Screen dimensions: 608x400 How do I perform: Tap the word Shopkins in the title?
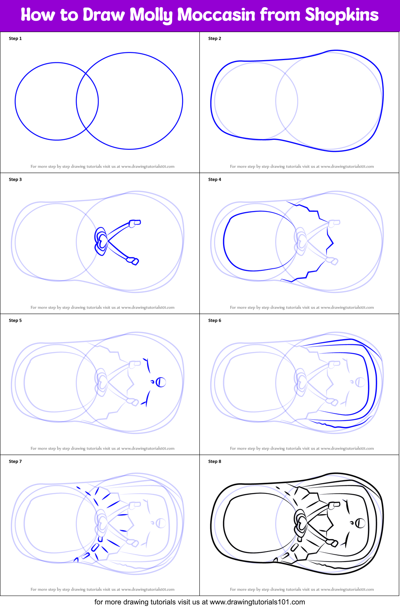pos(342,15)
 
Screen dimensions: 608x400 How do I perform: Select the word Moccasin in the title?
pos(216,15)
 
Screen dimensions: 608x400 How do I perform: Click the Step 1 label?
pos(15,38)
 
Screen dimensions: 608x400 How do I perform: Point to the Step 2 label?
pos(215,38)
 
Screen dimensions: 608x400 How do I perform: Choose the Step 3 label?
pos(15,179)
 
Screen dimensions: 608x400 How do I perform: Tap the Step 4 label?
pos(215,179)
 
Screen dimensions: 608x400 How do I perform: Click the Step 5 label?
pos(15,320)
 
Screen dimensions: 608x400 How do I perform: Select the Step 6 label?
pos(215,320)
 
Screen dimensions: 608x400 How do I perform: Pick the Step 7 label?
pos(15,461)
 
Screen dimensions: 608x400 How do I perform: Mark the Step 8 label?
pos(215,461)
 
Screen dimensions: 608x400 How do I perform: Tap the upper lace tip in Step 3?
pos(135,223)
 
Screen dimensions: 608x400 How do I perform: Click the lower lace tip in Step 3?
pos(133,261)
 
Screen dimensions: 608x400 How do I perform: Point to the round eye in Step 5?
pos(161,382)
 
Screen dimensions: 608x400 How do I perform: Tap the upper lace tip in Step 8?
pos(334,505)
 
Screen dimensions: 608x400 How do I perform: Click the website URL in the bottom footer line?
pos(257,602)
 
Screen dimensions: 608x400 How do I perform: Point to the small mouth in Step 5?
pos(152,382)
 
